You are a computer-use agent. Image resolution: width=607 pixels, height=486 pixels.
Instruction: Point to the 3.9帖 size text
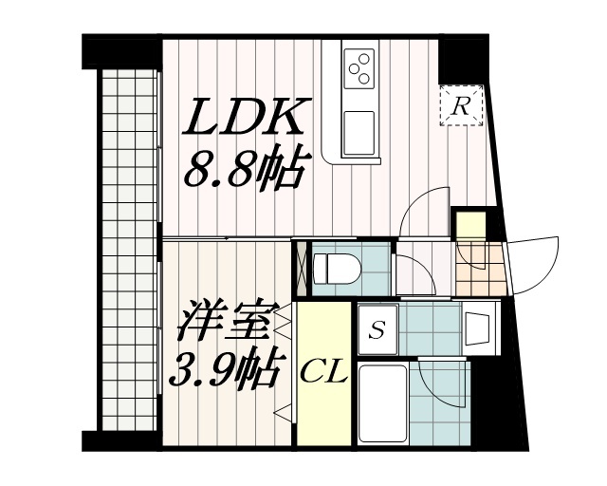click(x=225, y=366)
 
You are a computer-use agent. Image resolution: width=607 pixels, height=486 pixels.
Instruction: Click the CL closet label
click(x=323, y=372)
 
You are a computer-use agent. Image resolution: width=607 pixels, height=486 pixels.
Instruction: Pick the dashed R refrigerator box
click(x=462, y=107)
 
